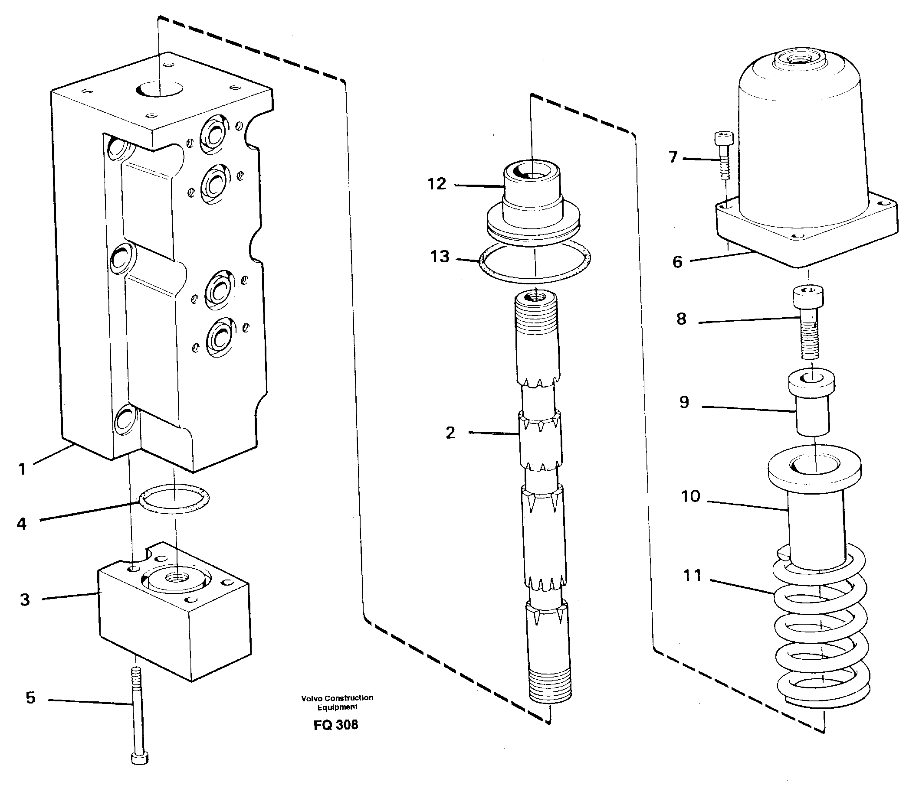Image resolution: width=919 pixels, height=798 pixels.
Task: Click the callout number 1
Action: tap(22, 469)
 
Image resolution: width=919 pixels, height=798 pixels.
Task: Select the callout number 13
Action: tap(440, 257)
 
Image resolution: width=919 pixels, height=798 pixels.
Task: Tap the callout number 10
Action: tap(690, 496)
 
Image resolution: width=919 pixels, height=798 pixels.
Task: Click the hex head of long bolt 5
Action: tap(140, 758)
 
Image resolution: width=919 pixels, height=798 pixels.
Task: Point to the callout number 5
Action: tap(30, 698)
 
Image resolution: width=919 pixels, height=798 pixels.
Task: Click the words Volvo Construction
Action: tap(337, 698)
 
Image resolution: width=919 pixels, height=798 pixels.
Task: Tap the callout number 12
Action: tap(437, 184)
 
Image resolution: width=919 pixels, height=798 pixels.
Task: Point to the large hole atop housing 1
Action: tap(160, 89)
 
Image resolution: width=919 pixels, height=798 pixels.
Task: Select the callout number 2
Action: tap(450, 433)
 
